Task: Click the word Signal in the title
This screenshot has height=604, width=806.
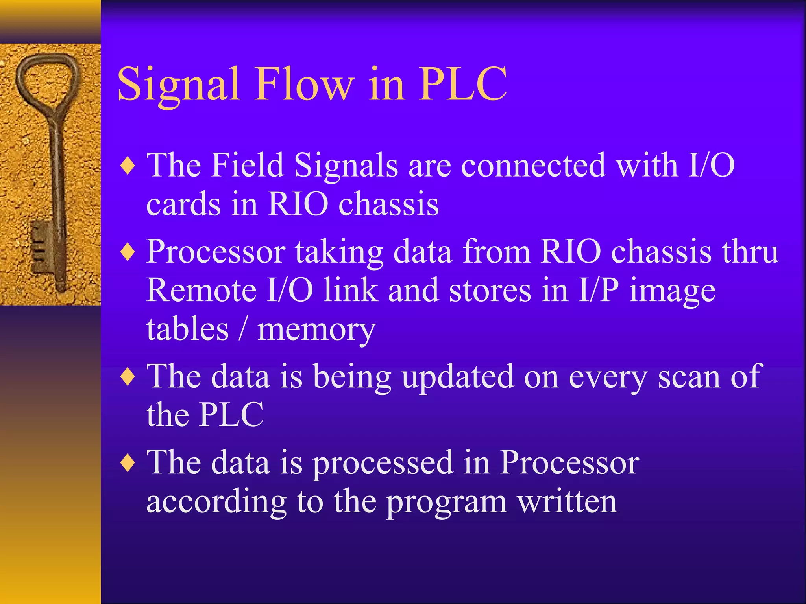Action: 179,85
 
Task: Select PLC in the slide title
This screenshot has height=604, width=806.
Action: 462,85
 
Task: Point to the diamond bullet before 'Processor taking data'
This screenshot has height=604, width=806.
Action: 128,252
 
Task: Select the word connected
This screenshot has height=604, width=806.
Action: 533,165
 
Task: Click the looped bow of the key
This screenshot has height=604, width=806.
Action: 47,79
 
